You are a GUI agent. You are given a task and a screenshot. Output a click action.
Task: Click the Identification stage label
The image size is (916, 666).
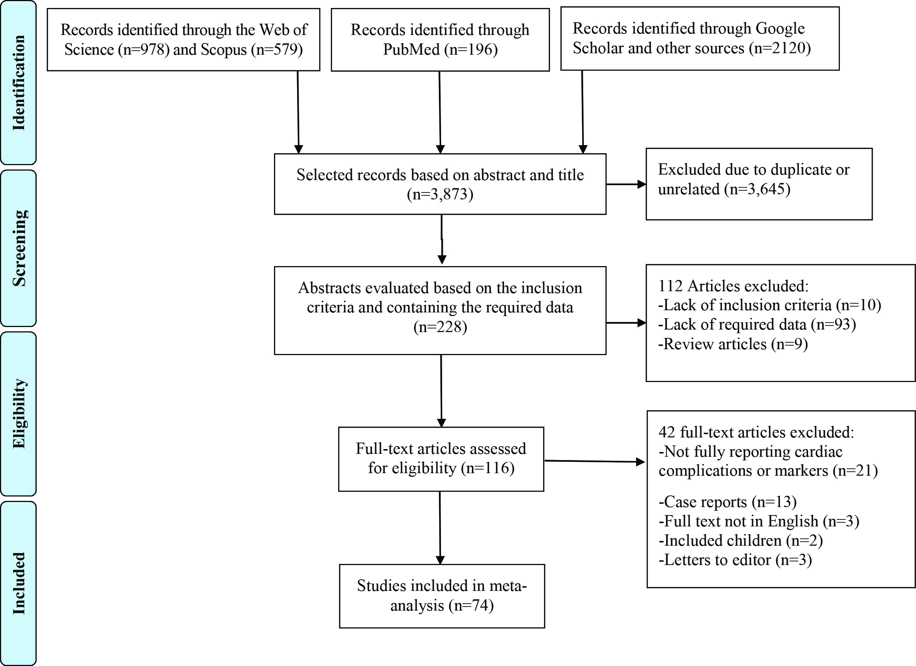(x=19, y=83)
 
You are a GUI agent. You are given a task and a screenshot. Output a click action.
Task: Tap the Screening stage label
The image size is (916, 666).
(x=19, y=248)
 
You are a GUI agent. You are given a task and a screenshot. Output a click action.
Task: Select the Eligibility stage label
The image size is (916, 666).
(x=19, y=414)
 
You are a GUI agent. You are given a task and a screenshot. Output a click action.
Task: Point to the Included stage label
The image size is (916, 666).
(x=19, y=583)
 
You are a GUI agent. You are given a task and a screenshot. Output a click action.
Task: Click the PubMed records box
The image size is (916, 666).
(x=440, y=40)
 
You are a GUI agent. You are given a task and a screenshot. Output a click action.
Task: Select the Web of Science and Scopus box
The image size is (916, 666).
(x=183, y=40)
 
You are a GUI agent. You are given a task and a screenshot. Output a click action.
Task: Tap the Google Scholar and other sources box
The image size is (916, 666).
(x=700, y=38)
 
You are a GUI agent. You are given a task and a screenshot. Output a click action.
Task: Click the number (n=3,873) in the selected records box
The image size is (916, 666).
(x=440, y=194)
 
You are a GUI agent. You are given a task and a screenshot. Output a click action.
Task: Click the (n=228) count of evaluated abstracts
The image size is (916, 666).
(x=440, y=326)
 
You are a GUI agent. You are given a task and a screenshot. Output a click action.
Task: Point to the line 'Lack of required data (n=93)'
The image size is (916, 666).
(x=757, y=324)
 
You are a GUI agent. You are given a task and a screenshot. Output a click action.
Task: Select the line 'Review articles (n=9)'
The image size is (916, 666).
(x=733, y=344)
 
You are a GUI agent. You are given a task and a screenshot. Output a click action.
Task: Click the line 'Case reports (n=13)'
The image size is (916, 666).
(x=728, y=502)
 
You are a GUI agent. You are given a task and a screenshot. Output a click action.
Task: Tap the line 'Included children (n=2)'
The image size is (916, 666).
(x=741, y=540)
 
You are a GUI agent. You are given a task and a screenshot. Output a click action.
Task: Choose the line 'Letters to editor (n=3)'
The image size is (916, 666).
(x=735, y=560)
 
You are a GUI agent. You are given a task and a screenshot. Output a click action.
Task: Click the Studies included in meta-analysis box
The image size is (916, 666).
(x=442, y=596)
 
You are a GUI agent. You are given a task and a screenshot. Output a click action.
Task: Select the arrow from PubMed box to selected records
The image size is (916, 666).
(x=440, y=112)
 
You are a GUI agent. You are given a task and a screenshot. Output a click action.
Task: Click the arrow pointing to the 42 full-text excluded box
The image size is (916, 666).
(x=595, y=461)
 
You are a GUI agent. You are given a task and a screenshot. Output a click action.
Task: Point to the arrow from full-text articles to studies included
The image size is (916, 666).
(x=440, y=528)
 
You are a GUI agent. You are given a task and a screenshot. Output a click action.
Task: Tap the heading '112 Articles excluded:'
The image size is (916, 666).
(x=733, y=285)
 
